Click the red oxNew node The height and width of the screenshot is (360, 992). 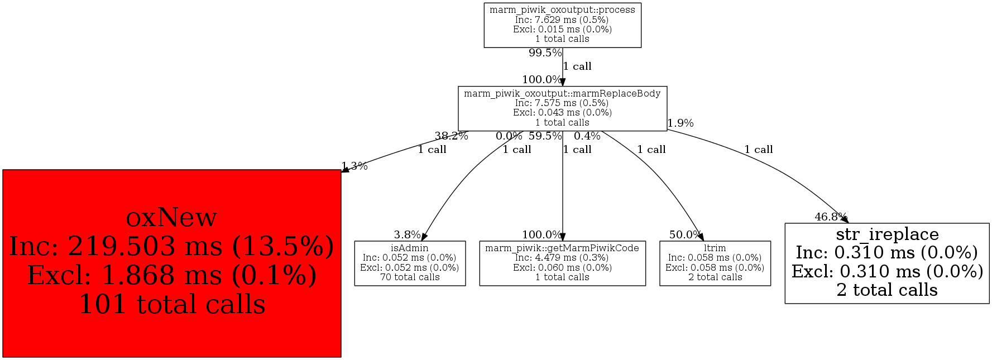pyautogui.click(x=171, y=263)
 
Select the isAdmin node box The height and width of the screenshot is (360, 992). pyautogui.click(x=410, y=263)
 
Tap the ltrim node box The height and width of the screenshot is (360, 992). pyautogui.click(x=715, y=263)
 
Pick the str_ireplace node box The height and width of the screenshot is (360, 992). pyautogui.click(x=886, y=263)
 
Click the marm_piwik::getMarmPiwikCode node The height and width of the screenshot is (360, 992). pyautogui.click(x=562, y=263)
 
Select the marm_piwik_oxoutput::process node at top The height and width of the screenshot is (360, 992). pyautogui.click(x=562, y=25)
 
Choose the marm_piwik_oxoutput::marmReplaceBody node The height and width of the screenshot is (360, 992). pyautogui.click(x=562, y=108)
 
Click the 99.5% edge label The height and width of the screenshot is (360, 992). pyautogui.click(x=545, y=53)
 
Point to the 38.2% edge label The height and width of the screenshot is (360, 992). pyautogui.click(x=451, y=136)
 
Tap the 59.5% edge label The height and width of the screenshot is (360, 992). pyautogui.click(x=545, y=136)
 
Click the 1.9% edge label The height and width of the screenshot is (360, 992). pyautogui.click(x=680, y=123)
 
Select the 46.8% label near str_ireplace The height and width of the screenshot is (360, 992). pyautogui.click(x=831, y=217)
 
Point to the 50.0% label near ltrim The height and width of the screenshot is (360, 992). pyautogui.click(x=685, y=235)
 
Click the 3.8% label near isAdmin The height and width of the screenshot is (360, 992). pyautogui.click(x=407, y=235)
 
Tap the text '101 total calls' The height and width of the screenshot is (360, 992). pyautogui.click(x=172, y=305)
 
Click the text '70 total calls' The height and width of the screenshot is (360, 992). pyautogui.click(x=410, y=277)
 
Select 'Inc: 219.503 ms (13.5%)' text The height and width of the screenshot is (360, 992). pyautogui.click(x=172, y=246)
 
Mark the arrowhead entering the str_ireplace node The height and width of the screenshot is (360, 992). pyautogui.click(x=844, y=220)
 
